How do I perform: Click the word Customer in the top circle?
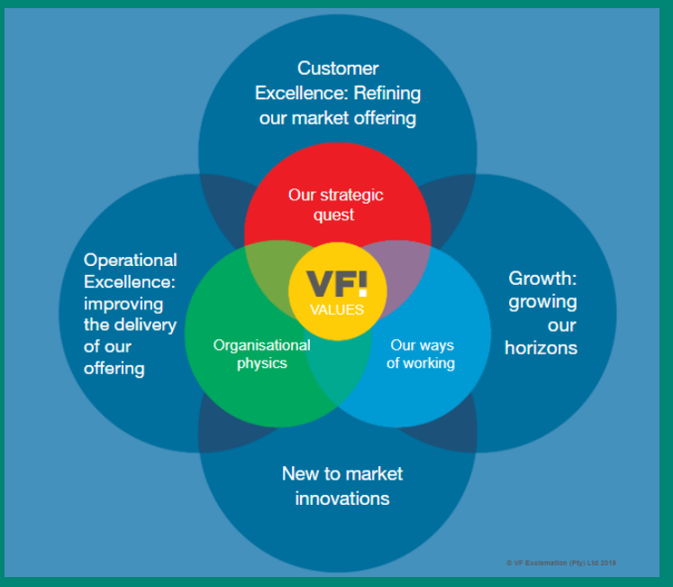pyautogui.click(x=338, y=69)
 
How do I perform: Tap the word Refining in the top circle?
pyautogui.click(x=387, y=93)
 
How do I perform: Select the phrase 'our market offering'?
pyautogui.click(x=338, y=118)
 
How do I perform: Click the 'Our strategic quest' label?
pyautogui.click(x=335, y=205)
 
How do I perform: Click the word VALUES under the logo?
pyautogui.click(x=337, y=309)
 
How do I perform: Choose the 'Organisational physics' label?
pyautogui.click(x=261, y=354)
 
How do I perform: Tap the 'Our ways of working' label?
pyautogui.click(x=421, y=354)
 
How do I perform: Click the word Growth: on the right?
pyautogui.click(x=542, y=279)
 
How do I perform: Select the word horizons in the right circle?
pyautogui.click(x=541, y=347)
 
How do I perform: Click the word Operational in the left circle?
pyautogui.click(x=131, y=261)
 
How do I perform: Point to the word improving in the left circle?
pyautogui.click(x=124, y=304)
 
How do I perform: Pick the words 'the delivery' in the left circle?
pyautogui.click(x=131, y=325)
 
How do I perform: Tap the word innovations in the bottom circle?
pyautogui.click(x=342, y=498)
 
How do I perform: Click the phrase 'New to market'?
pyautogui.click(x=342, y=473)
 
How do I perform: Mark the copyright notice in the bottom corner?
pyautogui.click(x=560, y=563)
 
